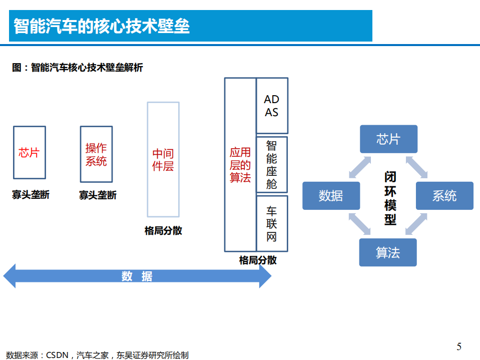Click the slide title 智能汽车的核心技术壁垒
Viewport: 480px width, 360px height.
coord(102,26)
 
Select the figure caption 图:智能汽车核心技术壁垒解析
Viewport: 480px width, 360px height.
coord(78,68)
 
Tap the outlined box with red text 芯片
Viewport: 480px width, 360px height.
coord(29,153)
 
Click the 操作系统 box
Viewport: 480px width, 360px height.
coord(96,154)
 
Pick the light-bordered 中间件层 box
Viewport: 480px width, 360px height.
coord(163,159)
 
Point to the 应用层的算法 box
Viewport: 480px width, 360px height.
coord(240,165)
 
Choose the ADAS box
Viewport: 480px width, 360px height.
coord(272,106)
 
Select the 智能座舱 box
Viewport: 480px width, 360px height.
coord(272,164)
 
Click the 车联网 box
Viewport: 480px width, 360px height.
coord(272,223)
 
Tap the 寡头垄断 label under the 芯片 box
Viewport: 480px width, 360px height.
coord(31,195)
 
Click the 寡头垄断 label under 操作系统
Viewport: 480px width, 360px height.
coord(98,195)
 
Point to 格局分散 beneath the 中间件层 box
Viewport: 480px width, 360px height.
coord(163,231)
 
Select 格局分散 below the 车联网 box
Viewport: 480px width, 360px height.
coord(258,260)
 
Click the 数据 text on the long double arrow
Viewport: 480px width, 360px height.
coord(137,276)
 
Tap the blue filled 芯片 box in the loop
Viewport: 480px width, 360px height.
coord(388,139)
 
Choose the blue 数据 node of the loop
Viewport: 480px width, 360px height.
coord(331,196)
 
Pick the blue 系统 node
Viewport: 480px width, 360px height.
coord(444,196)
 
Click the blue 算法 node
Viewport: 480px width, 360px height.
coord(388,252)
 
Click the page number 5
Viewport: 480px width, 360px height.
coord(459,346)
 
